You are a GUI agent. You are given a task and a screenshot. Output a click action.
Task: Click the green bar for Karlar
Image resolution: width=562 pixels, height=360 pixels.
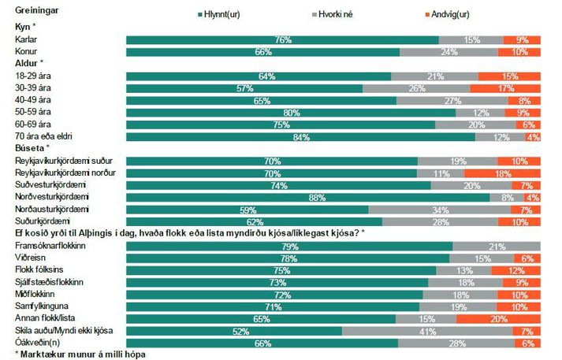(282, 39)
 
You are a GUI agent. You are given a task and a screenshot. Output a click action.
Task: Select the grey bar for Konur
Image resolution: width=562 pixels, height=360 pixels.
(449, 51)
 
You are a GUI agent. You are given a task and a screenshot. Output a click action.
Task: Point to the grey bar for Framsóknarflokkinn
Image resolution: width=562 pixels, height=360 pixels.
(497, 247)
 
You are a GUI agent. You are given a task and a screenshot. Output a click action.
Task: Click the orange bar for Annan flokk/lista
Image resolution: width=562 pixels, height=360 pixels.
(498, 318)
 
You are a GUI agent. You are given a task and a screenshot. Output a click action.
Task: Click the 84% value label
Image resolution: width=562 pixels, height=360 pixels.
(300, 136)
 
